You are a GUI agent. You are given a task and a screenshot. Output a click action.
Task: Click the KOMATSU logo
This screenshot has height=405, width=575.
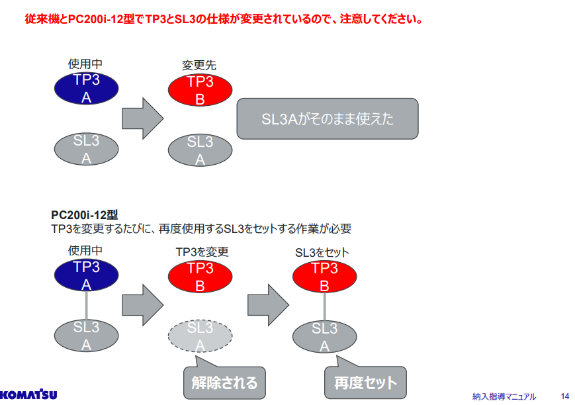pos(28,394)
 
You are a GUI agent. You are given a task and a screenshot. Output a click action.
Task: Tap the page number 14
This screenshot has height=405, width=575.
pos(564,396)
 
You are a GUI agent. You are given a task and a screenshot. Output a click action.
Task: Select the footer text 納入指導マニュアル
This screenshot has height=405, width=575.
pos(504,396)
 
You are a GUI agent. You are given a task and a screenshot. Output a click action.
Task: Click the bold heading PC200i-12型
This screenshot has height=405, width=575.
pos(84,215)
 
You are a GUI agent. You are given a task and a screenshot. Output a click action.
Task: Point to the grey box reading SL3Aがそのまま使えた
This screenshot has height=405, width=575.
pos(328,119)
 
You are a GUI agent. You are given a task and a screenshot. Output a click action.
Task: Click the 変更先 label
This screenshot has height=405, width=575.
pos(199,66)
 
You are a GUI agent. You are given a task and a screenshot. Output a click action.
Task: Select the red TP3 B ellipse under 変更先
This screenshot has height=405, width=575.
pos(200,90)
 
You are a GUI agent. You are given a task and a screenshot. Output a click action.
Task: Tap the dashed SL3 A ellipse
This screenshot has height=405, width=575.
pos(200,336)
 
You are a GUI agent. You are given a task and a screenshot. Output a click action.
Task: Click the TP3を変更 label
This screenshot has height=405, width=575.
pos(202,252)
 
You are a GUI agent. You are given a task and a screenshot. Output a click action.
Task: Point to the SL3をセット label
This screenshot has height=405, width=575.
pos(322,252)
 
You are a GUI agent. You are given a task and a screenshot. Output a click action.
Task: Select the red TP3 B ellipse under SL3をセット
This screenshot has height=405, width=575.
pos(324,277)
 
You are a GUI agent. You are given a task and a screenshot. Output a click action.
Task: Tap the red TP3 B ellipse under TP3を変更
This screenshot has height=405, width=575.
pos(200,277)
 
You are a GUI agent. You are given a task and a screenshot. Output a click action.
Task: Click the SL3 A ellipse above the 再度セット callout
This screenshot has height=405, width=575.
pos(324,337)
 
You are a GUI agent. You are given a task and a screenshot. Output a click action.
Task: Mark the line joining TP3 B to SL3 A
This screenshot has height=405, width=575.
pos(324,306)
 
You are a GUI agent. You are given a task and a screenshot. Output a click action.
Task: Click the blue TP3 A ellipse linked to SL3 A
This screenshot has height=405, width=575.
pos(87,275)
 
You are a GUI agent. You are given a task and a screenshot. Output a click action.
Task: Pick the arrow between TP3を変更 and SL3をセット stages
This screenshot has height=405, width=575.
pos(269,305)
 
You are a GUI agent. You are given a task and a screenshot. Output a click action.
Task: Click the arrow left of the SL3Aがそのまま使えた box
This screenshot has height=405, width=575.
pos(143,118)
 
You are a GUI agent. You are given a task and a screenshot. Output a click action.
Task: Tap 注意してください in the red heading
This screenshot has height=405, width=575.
pos(381,19)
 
